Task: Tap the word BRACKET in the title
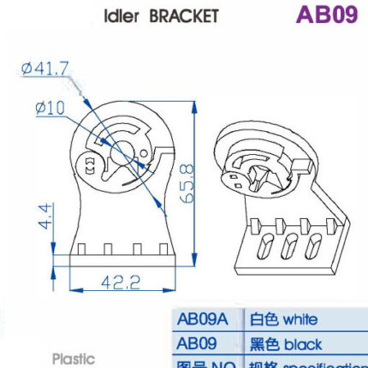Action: tap(182, 15)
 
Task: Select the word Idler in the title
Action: tap(122, 15)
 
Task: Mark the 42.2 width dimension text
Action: tap(117, 283)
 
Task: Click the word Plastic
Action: tap(77, 359)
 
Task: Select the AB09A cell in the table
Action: tap(202, 320)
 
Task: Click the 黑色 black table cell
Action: tap(286, 344)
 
